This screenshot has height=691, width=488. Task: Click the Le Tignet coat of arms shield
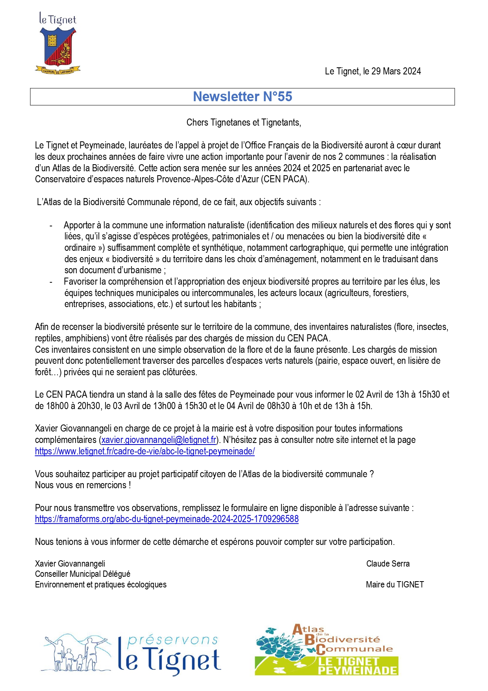point(59,48)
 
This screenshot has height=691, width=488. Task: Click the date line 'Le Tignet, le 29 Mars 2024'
point(373,71)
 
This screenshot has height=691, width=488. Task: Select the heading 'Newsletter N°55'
point(242,97)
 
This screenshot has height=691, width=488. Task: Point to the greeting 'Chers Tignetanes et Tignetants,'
point(244,123)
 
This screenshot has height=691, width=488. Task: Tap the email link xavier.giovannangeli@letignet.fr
point(159,440)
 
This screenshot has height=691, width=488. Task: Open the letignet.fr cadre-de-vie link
point(145,451)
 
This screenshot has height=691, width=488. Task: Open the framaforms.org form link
point(167,519)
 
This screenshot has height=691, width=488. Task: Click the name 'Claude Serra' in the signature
point(388,564)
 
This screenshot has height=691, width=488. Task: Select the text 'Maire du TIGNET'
point(395,585)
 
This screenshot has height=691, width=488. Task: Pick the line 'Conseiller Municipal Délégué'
point(83,574)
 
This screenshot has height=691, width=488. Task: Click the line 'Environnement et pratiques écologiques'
point(101,585)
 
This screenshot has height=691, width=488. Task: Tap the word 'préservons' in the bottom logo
point(173,641)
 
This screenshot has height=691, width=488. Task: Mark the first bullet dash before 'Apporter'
point(51,226)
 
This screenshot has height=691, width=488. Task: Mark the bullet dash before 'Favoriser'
point(51,282)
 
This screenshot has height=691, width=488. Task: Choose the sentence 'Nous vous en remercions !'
point(83,485)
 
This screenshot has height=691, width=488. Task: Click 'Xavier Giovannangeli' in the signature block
point(70,564)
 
